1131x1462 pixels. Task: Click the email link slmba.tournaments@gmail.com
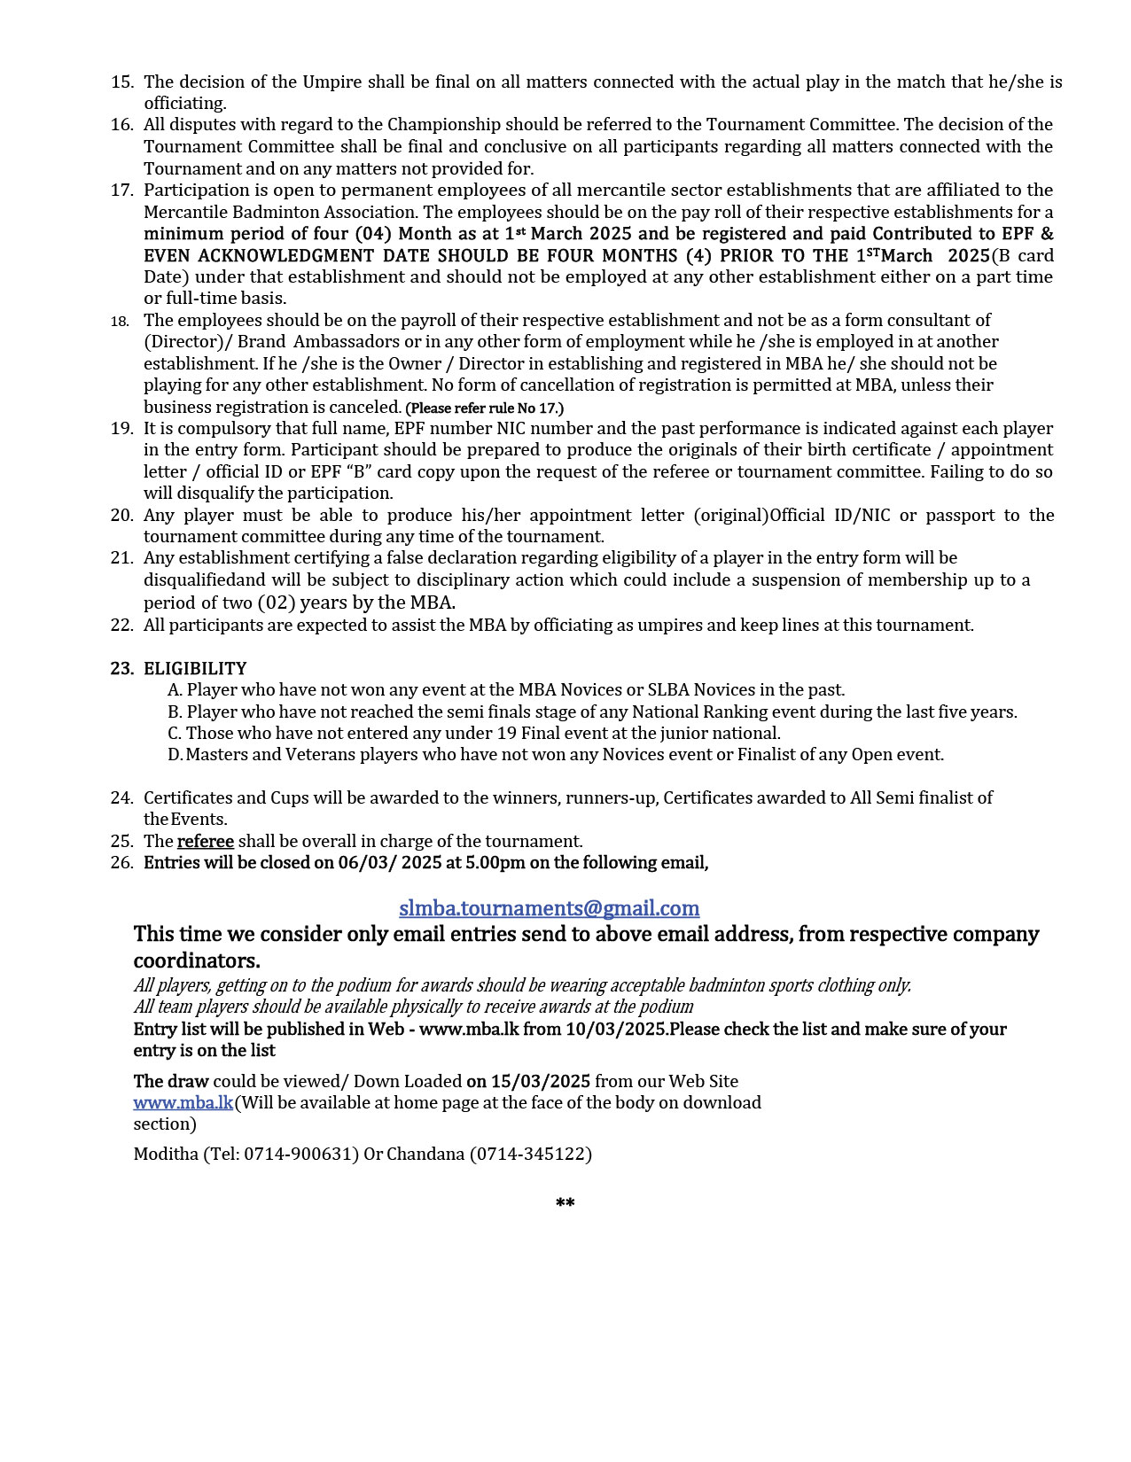pyautogui.click(x=549, y=908)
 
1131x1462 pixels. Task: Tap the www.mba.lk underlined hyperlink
pyautogui.click(x=183, y=1102)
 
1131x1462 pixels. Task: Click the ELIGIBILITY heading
pyautogui.click(x=195, y=668)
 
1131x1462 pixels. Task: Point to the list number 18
pyautogui.click(x=120, y=322)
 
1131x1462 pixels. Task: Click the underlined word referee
pyautogui.click(x=206, y=841)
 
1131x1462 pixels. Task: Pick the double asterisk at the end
pyautogui.click(x=565, y=1203)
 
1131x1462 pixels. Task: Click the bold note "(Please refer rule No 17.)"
pyautogui.click(x=484, y=408)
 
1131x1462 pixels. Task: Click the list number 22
pyautogui.click(x=121, y=625)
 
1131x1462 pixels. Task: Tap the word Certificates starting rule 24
pyautogui.click(x=188, y=797)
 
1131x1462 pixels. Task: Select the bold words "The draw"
pyautogui.click(x=171, y=1081)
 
